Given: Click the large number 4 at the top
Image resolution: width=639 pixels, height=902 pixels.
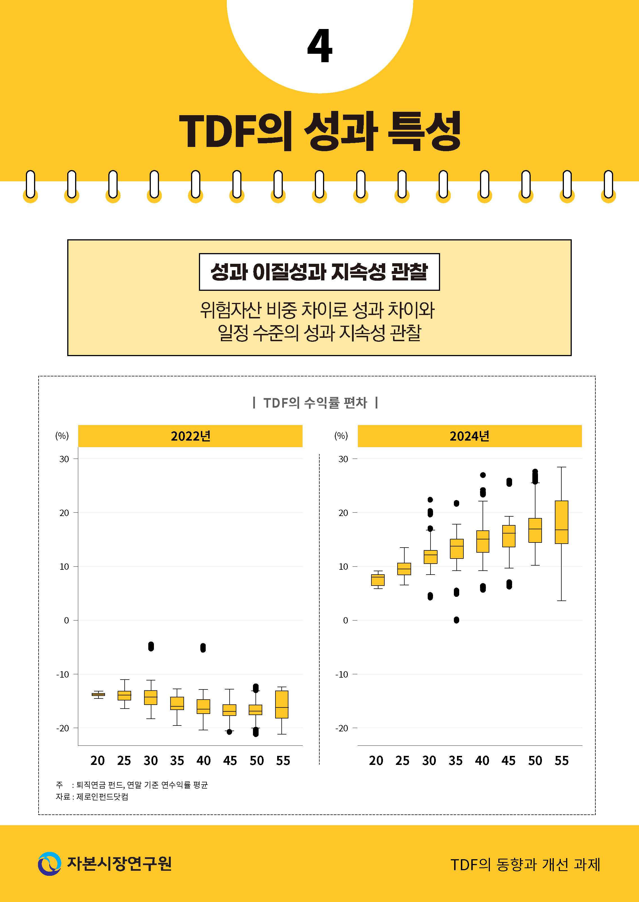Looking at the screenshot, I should (x=320, y=46).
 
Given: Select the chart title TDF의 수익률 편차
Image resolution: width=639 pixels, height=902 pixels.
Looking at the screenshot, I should (x=315, y=402).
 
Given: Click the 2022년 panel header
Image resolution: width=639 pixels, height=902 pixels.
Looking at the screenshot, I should (x=190, y=436).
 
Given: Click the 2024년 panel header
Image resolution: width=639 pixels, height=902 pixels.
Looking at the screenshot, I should (x=469, y=436).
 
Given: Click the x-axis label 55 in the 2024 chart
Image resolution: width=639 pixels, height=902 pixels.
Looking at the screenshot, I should (x=562, y=761).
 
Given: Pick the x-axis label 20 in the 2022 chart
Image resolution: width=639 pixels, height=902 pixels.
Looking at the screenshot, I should (x=98, y=761).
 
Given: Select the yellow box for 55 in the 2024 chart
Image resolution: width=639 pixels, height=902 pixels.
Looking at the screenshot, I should (x=562, y=522).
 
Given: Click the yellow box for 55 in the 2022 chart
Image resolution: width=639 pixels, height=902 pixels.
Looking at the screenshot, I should (x=282, y=704).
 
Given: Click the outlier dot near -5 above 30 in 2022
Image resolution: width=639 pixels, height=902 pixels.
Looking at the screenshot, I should (x=151, y=646).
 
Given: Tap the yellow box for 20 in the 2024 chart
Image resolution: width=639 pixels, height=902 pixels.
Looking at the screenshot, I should (x=378, y=580).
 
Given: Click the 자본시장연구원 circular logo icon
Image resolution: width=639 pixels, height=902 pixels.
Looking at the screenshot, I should (x=50, y=864).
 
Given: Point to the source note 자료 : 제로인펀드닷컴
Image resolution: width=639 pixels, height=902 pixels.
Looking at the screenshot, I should (x=92, y=796).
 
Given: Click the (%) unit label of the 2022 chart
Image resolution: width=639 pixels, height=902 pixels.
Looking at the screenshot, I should (x=62, y=436).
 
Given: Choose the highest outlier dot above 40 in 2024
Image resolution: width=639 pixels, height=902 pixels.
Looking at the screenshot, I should (x=483, y=475).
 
